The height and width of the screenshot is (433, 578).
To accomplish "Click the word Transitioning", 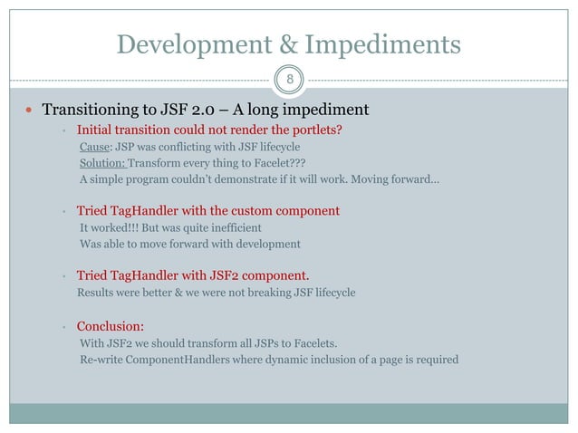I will click(x=95, y=111).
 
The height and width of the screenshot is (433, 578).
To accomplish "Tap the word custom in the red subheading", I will click(x=246, y=211).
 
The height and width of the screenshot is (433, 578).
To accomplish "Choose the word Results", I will click(x=97, y=293).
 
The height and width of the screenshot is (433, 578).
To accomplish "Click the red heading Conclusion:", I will click(x=111, y=326).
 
